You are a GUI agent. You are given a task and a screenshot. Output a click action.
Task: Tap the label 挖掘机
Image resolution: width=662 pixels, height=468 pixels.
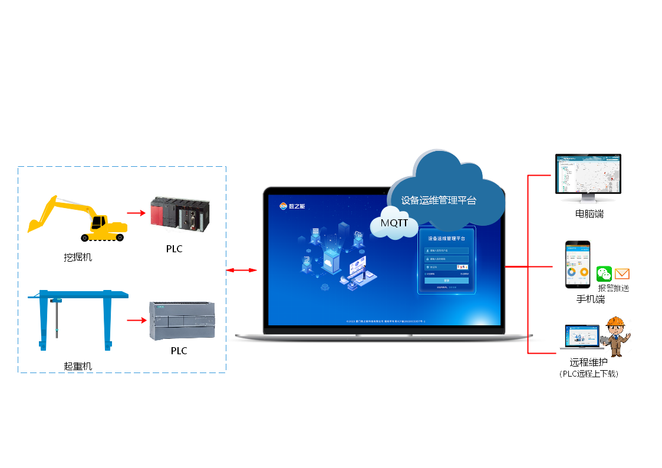point(78,257)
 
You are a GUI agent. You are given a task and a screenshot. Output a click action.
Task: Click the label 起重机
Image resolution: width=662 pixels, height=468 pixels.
point(78,366)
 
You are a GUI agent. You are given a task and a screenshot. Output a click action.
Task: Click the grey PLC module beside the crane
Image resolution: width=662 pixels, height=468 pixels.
point(182,320)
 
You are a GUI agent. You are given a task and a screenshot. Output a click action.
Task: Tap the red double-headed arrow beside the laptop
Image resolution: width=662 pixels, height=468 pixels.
point(242,270)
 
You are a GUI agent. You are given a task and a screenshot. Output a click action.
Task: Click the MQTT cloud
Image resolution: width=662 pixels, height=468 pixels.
point(394,223)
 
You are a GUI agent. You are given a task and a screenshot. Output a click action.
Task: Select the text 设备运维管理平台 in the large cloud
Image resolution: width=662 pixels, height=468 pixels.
point(439,200)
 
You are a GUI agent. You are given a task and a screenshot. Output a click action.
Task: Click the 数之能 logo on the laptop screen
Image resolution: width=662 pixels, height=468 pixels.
point(292,206)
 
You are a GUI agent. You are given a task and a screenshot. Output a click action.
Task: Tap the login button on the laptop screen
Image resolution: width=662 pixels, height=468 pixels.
point(446,281)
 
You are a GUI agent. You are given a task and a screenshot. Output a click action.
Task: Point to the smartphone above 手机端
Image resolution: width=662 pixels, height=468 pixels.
point(578,265)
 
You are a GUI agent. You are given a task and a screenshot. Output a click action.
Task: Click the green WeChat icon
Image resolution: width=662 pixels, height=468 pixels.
point(604,273)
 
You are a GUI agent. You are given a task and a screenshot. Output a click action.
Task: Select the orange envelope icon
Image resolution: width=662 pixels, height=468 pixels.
point(622,273)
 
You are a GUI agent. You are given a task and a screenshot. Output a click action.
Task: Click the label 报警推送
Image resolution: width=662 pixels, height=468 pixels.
point(614,288)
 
